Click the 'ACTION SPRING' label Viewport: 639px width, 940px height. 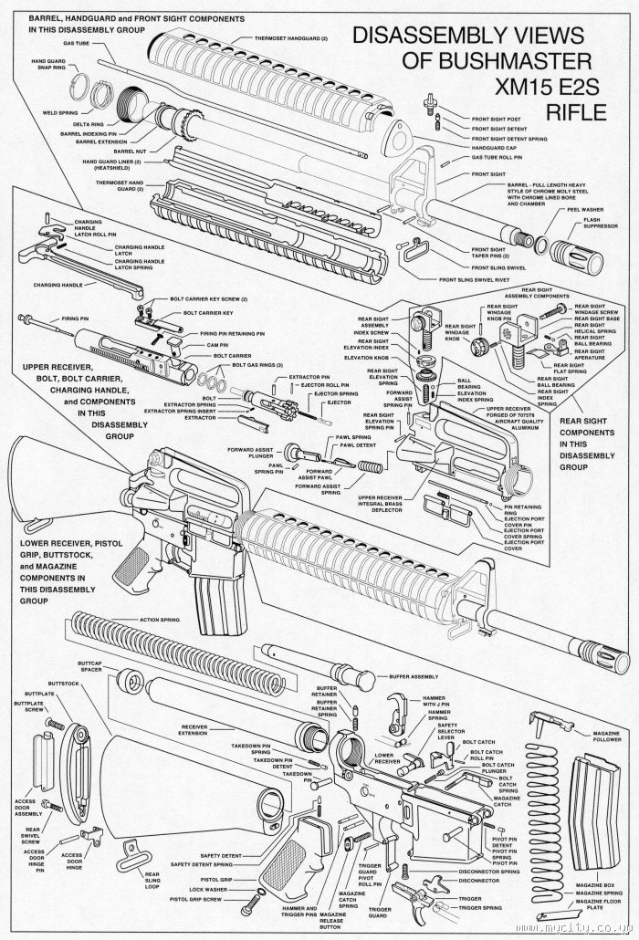pyautogui.click(x=159, y=620)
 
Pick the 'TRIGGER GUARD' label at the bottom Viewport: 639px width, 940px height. pyautogui.click(x=379, y=913)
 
